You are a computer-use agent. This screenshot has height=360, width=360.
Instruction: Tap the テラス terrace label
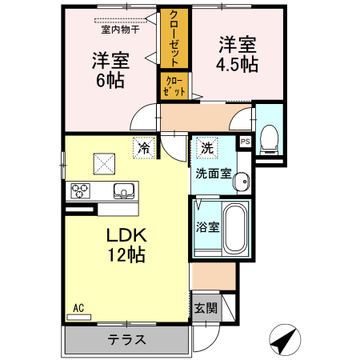click(128, 339)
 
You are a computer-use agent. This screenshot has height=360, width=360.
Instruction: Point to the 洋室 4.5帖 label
click(238, 54)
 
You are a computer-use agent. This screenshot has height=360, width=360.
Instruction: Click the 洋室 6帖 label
click(111, 70)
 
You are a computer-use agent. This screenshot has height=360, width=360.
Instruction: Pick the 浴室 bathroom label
click(207, 226)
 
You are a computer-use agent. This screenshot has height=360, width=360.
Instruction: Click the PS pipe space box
click(245, 142)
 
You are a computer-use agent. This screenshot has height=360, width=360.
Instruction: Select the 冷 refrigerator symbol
click(145, 147)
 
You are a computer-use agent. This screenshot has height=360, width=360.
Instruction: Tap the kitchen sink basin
click(124, 190)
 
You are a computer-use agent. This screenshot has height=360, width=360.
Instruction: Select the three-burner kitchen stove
click(81, 191)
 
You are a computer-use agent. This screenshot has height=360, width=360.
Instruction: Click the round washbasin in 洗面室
click(240, 183)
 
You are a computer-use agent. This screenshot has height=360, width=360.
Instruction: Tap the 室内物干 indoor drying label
click(120, 30)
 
